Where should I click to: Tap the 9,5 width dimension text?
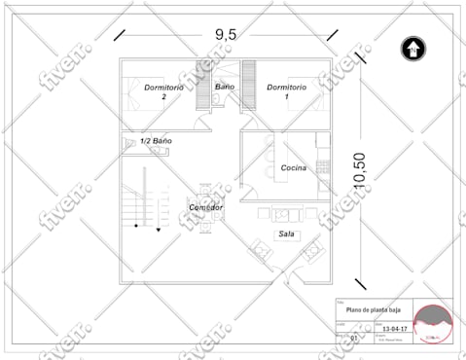coord(226,34)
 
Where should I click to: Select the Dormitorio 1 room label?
coord(287,91)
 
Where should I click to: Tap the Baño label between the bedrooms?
coord(225,87)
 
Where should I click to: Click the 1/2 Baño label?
coord(156,142)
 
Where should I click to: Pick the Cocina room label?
coord(293,168)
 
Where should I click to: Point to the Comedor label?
coord(205,207)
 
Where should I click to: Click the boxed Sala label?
coord(287,234)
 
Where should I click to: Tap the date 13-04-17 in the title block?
coord(393,330)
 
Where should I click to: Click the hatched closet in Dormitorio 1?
coord(247,85)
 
